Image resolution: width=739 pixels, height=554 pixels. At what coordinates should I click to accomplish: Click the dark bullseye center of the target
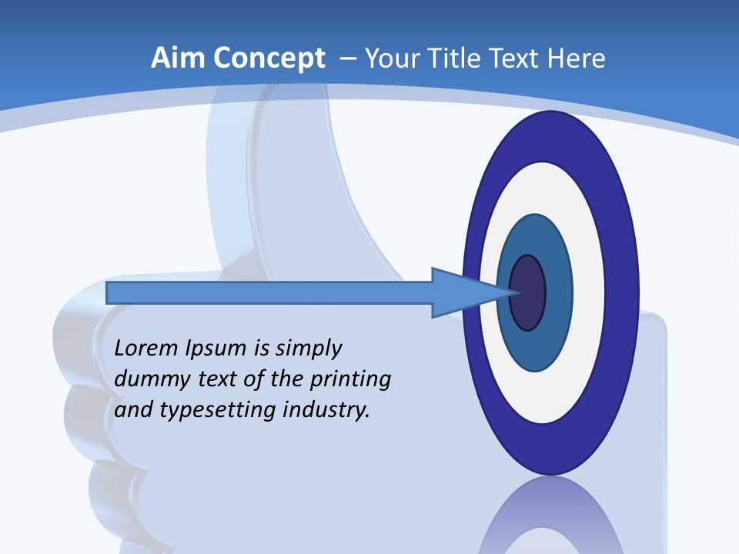[x=527, y=292]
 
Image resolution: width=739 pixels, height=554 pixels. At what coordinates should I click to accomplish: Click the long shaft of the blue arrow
[x=269, y=292]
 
